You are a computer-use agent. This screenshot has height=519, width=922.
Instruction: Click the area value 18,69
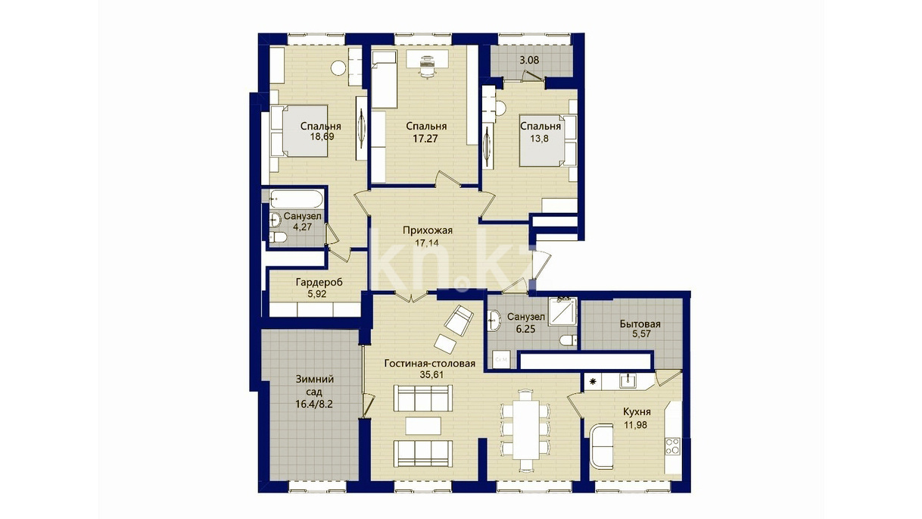point(322,136)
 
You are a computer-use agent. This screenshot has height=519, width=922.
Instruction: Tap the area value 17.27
point(425,138)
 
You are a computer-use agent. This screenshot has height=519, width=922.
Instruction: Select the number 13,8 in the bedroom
point(539,139)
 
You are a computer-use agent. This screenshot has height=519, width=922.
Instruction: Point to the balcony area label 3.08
point(529,60)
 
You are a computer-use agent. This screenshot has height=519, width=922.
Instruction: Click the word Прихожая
point(428,230)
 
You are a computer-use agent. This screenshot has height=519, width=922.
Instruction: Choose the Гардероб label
point(319,282)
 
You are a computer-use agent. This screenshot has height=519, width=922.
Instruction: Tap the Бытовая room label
point(640,324)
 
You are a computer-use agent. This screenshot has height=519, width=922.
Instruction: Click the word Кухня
point(637,412)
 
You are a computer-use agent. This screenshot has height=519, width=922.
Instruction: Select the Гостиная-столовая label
point(430,364)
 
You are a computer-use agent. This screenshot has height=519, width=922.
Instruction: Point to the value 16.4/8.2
point(314,404)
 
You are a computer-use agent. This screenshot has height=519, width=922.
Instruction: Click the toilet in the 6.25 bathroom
point(568,340)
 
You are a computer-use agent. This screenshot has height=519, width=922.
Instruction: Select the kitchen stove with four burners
point(672,446)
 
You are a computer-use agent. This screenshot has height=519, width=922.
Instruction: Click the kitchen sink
point(628,380)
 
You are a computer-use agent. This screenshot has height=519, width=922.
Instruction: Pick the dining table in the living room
point(525,429)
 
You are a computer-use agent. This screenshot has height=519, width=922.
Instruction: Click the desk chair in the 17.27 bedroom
point(426,68)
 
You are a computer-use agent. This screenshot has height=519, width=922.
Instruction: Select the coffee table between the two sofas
point(423,426)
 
